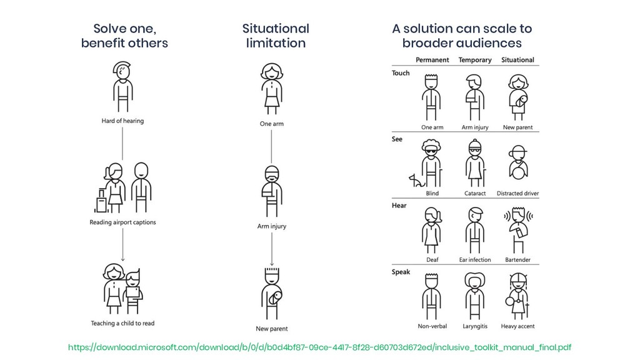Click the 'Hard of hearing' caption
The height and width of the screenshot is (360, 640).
pyautogui.click(x=122, y=121)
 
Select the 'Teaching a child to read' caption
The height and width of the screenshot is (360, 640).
pyautogui.click(x=122, y=323)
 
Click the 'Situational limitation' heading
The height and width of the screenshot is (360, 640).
pyautogui.click(x=275, y=36)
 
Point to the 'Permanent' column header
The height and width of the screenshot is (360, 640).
pyautogui.click(x=432, y=60)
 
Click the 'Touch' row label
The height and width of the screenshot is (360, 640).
pyautogui.click(x=401, y=73)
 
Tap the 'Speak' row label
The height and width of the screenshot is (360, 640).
pyautogui.click(x=401, y=272)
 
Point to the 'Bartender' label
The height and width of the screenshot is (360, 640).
pyautogui.click(x=517, y=259)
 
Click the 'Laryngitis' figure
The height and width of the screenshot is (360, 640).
pyautogui.click(x=475, y=297)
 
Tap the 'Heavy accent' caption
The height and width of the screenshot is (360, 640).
pyautogui.click(x=517, y=326)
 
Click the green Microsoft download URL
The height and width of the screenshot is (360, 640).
pyautogui.click(x=319, y=347)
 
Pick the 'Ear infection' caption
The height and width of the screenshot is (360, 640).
pyautogui.click(x=475, y=259)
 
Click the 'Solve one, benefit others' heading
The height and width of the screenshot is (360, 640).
pyautogui.click(x=124, y=36)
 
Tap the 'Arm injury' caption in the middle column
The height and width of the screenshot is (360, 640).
pyautogui.click(x=272, y=226)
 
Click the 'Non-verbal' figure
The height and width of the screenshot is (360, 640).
pyautogui.click(x=431, y=297)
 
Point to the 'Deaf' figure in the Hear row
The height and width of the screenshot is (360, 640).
pyautogui.click(x=432, y=229)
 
